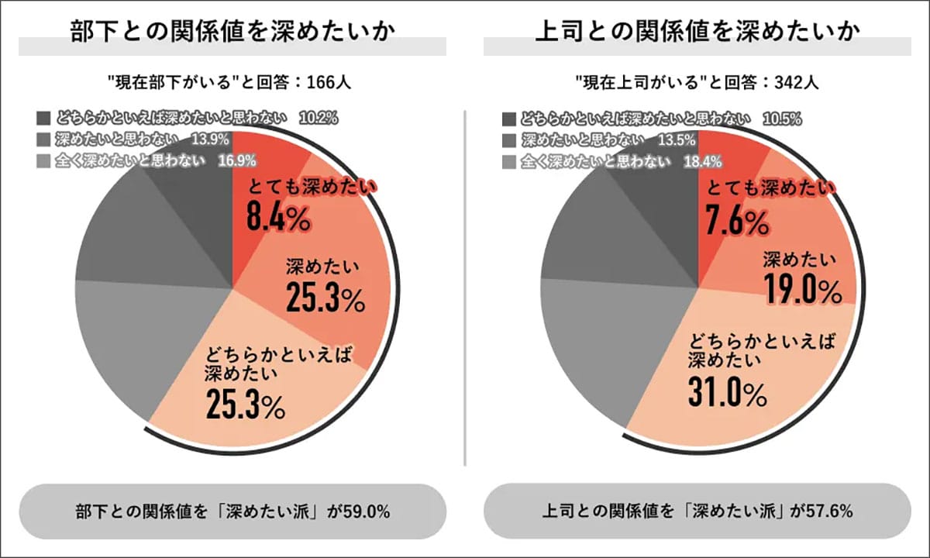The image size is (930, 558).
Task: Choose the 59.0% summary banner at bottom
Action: tap(232, 512)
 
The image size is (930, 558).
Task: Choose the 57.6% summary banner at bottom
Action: tap(697, 512)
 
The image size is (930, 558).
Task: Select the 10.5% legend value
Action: tap(781, 119)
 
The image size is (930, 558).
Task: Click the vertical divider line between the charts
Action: tap(465, 287)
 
